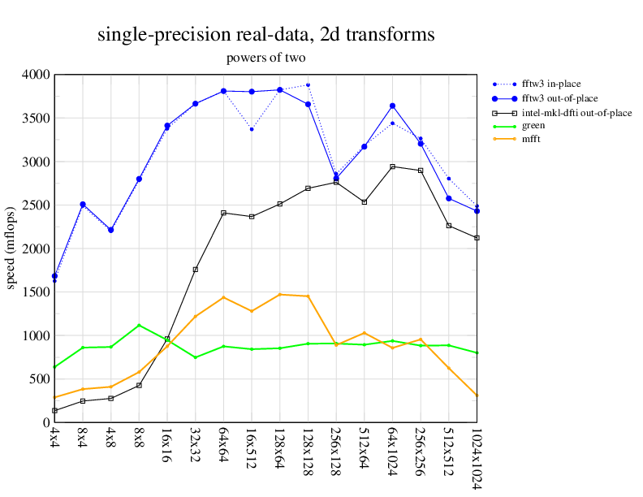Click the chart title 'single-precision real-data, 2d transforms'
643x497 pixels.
coord(265,35)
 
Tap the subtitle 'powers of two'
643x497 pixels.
coord(265,58)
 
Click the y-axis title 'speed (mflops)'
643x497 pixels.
coord(12,248)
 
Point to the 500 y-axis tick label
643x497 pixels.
coord(38,379)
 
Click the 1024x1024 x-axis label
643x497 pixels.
coord(477,459)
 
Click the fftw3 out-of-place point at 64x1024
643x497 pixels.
coord(392,106)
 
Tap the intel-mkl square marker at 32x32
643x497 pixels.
coord(196,270)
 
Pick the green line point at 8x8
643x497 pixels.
coord(139,326)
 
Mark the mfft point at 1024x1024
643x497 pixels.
coord(477,395)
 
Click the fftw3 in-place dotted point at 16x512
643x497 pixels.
coord(252,129)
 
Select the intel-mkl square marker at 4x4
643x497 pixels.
coord(54,411)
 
